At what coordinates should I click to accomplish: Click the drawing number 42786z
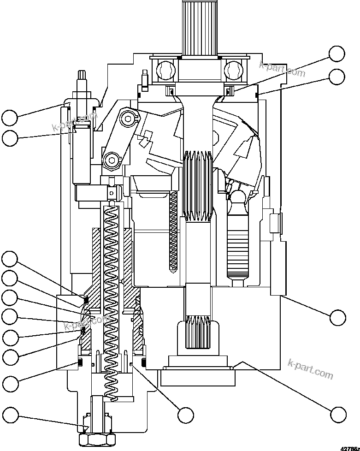pos(350,447)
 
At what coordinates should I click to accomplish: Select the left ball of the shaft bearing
pos(165,69)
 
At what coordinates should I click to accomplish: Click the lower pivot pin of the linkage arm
pos(111,160)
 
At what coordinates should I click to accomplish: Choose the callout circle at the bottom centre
pos(186,415)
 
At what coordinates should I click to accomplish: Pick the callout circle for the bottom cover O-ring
pos(338,414)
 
